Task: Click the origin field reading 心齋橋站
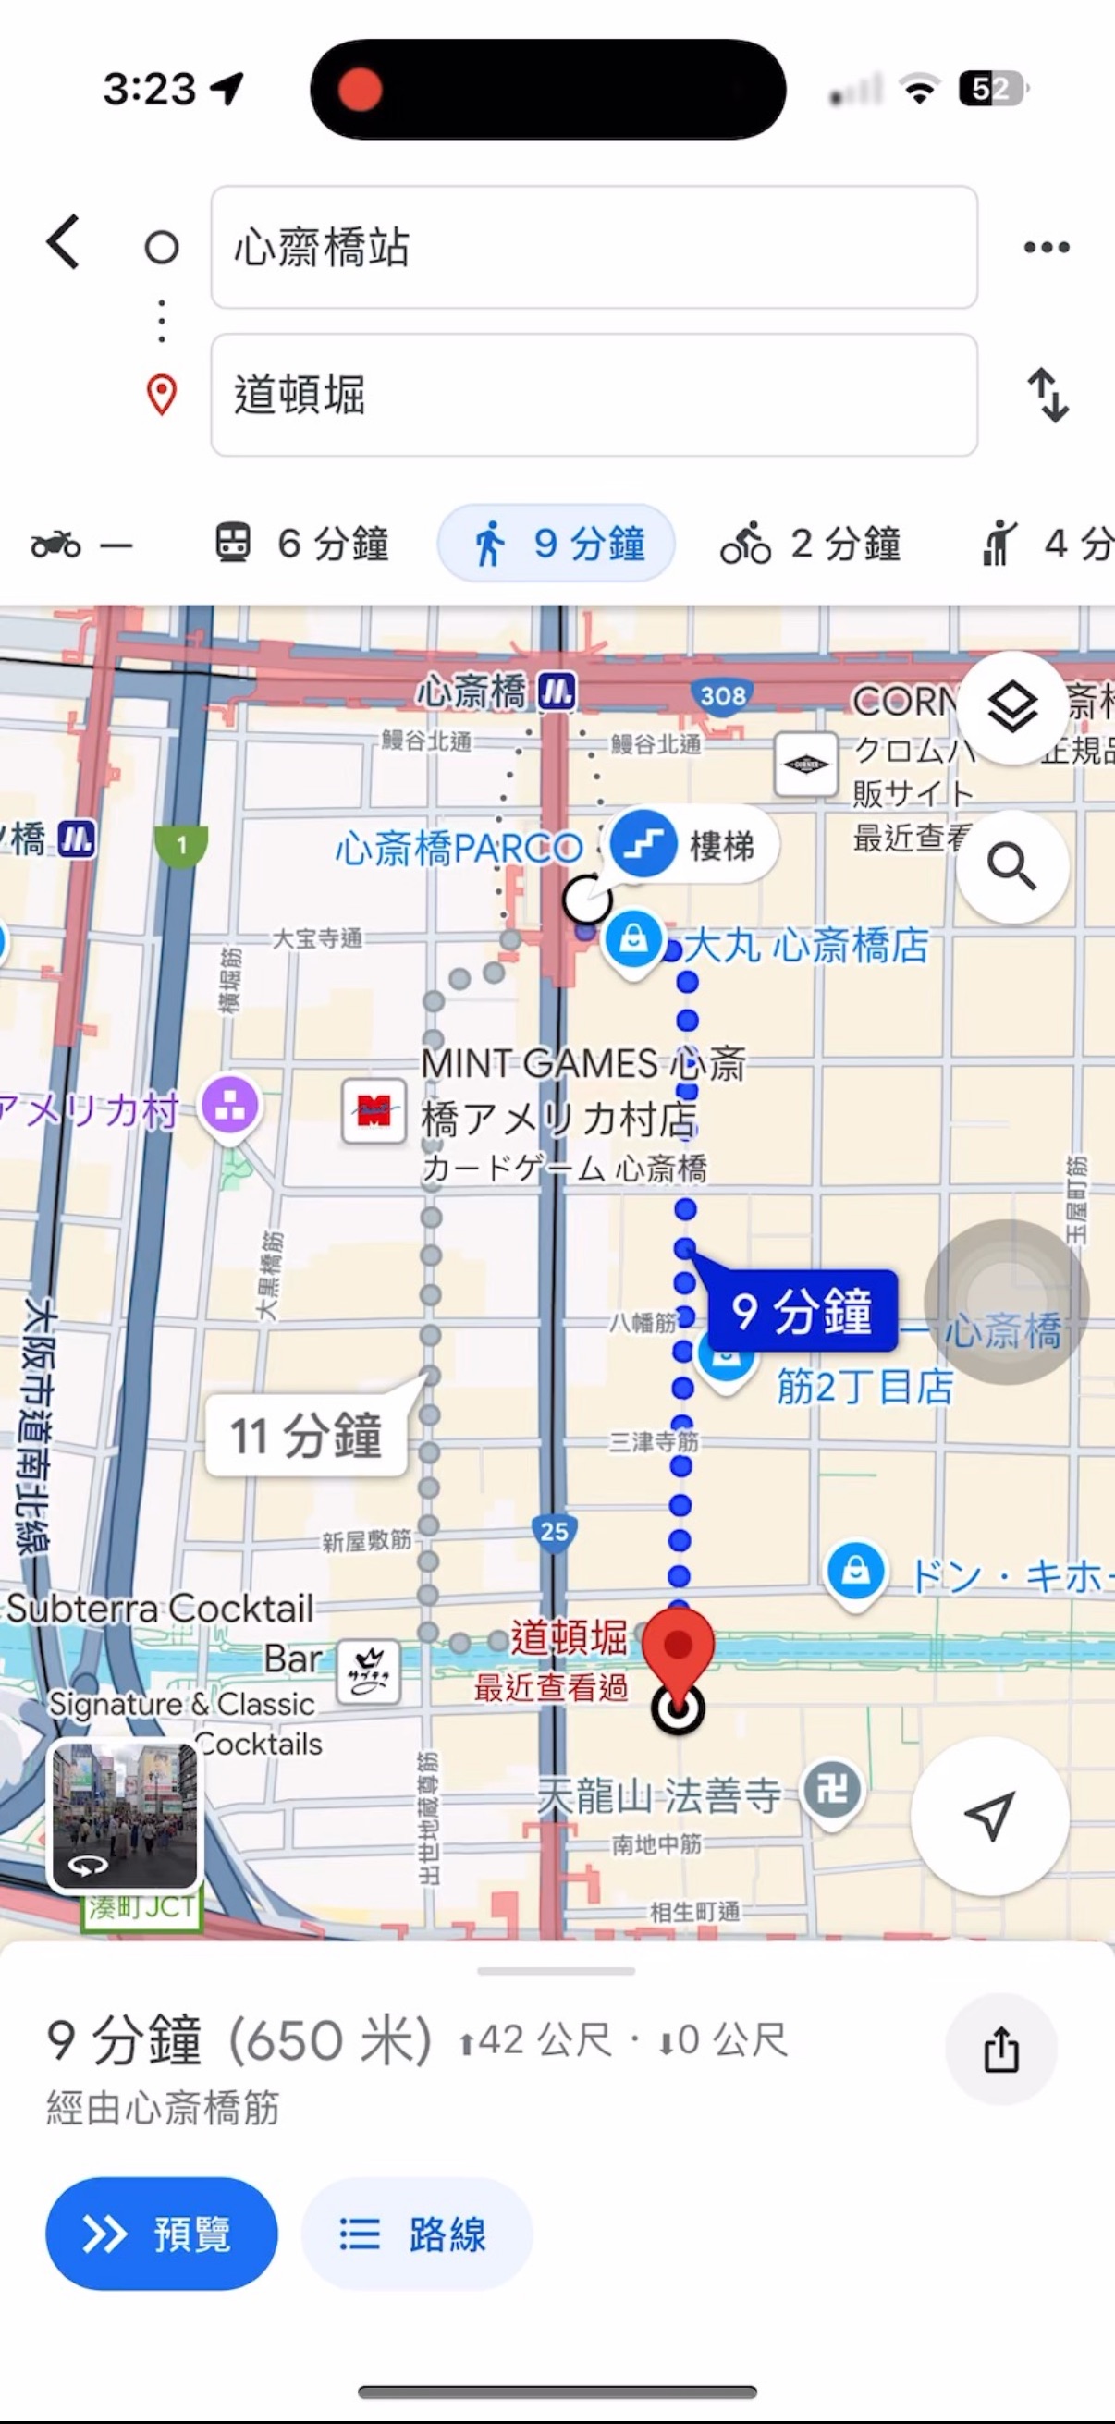click(593, 248)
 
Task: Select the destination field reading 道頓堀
click(593, 396)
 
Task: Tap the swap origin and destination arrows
click(1048, 396)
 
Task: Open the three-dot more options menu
click(1047, 248)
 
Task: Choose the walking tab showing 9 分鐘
click(556, 544)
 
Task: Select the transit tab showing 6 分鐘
click(301, 544)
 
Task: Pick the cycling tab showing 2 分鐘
click(811, 544)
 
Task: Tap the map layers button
click(1011, 706)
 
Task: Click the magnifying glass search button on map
click(1011, 865)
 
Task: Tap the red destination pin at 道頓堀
click(678, 1648)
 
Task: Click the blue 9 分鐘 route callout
click(802, 1311)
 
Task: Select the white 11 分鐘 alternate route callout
click(306, 1435)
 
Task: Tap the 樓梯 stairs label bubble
click(694, 845)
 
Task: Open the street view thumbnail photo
click(123, 1816)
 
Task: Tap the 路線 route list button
click(416, 2234)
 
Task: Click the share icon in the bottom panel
click(1000, 2050)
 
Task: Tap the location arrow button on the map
click(990, 1816)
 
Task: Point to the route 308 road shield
click(723, 695)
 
